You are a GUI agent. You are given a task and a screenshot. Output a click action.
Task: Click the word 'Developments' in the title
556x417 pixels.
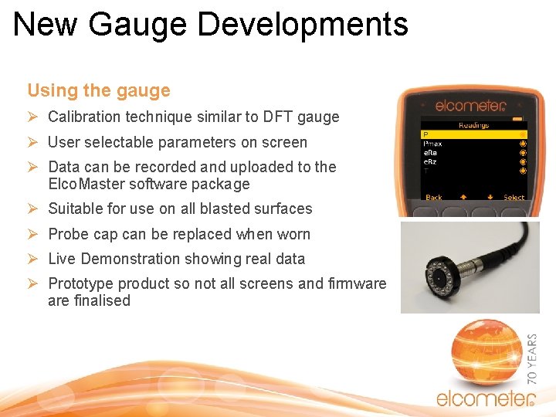point(303,24)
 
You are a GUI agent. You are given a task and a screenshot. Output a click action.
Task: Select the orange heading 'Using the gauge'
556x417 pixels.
point(99,90)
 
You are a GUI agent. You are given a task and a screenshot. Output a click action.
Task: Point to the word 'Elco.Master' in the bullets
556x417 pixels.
point(88,184)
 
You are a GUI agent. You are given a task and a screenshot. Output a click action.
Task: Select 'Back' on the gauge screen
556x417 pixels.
point(434,198)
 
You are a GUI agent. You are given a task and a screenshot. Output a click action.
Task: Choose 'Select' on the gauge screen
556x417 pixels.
point(514,198)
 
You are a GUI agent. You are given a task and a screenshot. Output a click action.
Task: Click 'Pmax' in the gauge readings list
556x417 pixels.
point(433,144)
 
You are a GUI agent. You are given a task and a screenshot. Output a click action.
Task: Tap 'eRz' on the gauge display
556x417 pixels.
point(431,161)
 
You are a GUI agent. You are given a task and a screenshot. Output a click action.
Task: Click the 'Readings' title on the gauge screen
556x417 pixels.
point(473,124)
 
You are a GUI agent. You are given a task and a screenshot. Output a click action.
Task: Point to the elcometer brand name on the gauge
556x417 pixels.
point(470,106)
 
